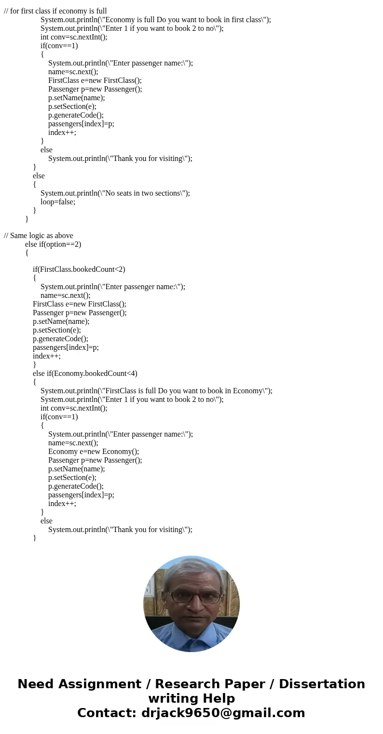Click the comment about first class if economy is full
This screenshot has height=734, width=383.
pos(55,11)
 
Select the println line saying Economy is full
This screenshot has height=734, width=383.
pos(155,20)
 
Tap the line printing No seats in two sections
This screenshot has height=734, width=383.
pos(115,193)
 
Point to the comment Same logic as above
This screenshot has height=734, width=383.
pos(39,236)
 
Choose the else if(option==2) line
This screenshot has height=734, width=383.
pos(53,244)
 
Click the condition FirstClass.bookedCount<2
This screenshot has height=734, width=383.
pos(79,269)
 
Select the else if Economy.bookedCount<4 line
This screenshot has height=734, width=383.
pos(85,374)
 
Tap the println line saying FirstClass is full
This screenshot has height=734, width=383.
pos(156,391)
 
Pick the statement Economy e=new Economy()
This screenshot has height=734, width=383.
pos(94,452)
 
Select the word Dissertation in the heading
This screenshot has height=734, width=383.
pos(322,684)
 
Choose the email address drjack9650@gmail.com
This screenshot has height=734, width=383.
pos(223,713)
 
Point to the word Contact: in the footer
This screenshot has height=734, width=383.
pos(107,713)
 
